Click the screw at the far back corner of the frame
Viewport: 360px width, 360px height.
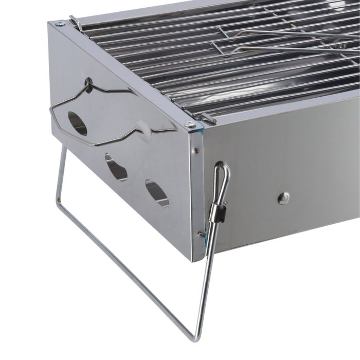click(x=60, y=24)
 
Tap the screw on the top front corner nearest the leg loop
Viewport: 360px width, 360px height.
click(x=190, y=125)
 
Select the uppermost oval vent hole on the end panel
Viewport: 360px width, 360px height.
click(x=78, y=123)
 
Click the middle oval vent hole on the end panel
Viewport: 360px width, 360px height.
click(x=116, y=167)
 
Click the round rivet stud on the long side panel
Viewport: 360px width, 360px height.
click(x=283, y=198)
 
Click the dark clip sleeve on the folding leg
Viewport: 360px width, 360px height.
click(x=219, y=211)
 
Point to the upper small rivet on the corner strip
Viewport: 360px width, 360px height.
click(x=196, y=151)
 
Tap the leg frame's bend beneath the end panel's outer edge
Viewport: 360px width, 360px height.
click(x=58, y=202)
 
